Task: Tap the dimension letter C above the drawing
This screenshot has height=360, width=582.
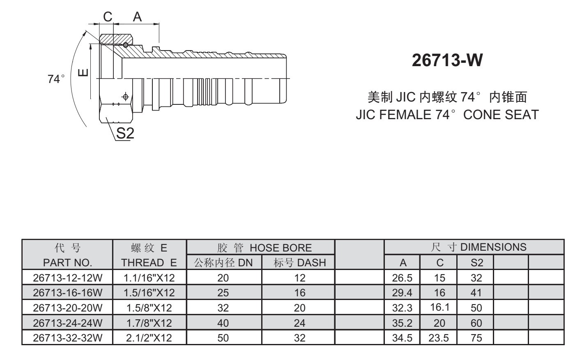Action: tap(108, 17)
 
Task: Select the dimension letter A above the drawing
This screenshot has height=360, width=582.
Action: tap(137, 17)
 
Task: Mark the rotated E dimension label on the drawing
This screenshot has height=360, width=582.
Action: tap(83, 73)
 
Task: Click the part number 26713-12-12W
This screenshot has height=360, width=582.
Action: tap(67, 278)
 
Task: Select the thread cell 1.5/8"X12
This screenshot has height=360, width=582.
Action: tap(149, 308)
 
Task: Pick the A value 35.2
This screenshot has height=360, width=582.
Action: tap(402, 323)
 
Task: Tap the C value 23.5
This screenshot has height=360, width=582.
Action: tap(439, 338)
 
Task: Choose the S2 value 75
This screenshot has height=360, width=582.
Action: tap(476, 338)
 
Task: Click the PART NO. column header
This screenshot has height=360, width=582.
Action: tap(67, 263)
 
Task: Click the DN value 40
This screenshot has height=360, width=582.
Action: tap(223, 323)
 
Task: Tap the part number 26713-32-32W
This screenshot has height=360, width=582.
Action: tap(67, 338)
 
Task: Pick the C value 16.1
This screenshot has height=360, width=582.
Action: tap(439, 308)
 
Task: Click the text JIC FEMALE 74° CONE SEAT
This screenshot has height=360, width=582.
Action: tap(447, 114)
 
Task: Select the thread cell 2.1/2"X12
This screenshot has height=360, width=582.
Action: tap(149, 338)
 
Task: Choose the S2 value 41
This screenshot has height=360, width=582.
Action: tap(476, 293)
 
